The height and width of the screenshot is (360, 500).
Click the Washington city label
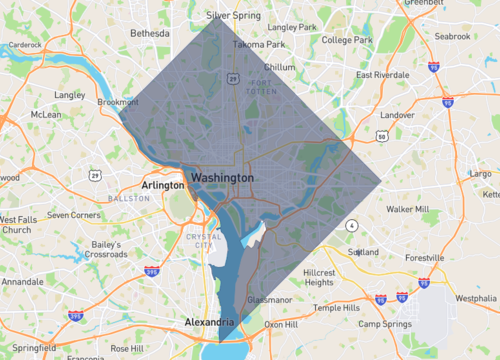[x=222, y=176]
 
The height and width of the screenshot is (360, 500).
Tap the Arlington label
[x=163, y=185]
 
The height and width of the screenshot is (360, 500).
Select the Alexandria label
[x=209, y=322]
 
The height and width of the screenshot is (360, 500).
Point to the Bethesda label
[x=150, y=33]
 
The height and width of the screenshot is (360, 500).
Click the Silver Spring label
[x=232, y=16]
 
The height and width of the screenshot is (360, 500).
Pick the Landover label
[x=397, y=115]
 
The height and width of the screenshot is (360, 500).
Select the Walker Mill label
[x=407, y=209]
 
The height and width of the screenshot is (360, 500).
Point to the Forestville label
[x=431, y=257]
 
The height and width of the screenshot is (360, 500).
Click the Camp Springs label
[x=384, y=324]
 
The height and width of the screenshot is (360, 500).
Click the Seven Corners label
[x=74, y=214]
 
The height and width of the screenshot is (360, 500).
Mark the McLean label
[x=46, y=114]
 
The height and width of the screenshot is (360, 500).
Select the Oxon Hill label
[x=281, y=324]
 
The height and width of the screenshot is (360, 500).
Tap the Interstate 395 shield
[x=152, y=271]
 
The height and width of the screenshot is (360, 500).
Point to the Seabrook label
[x=453, y=36]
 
